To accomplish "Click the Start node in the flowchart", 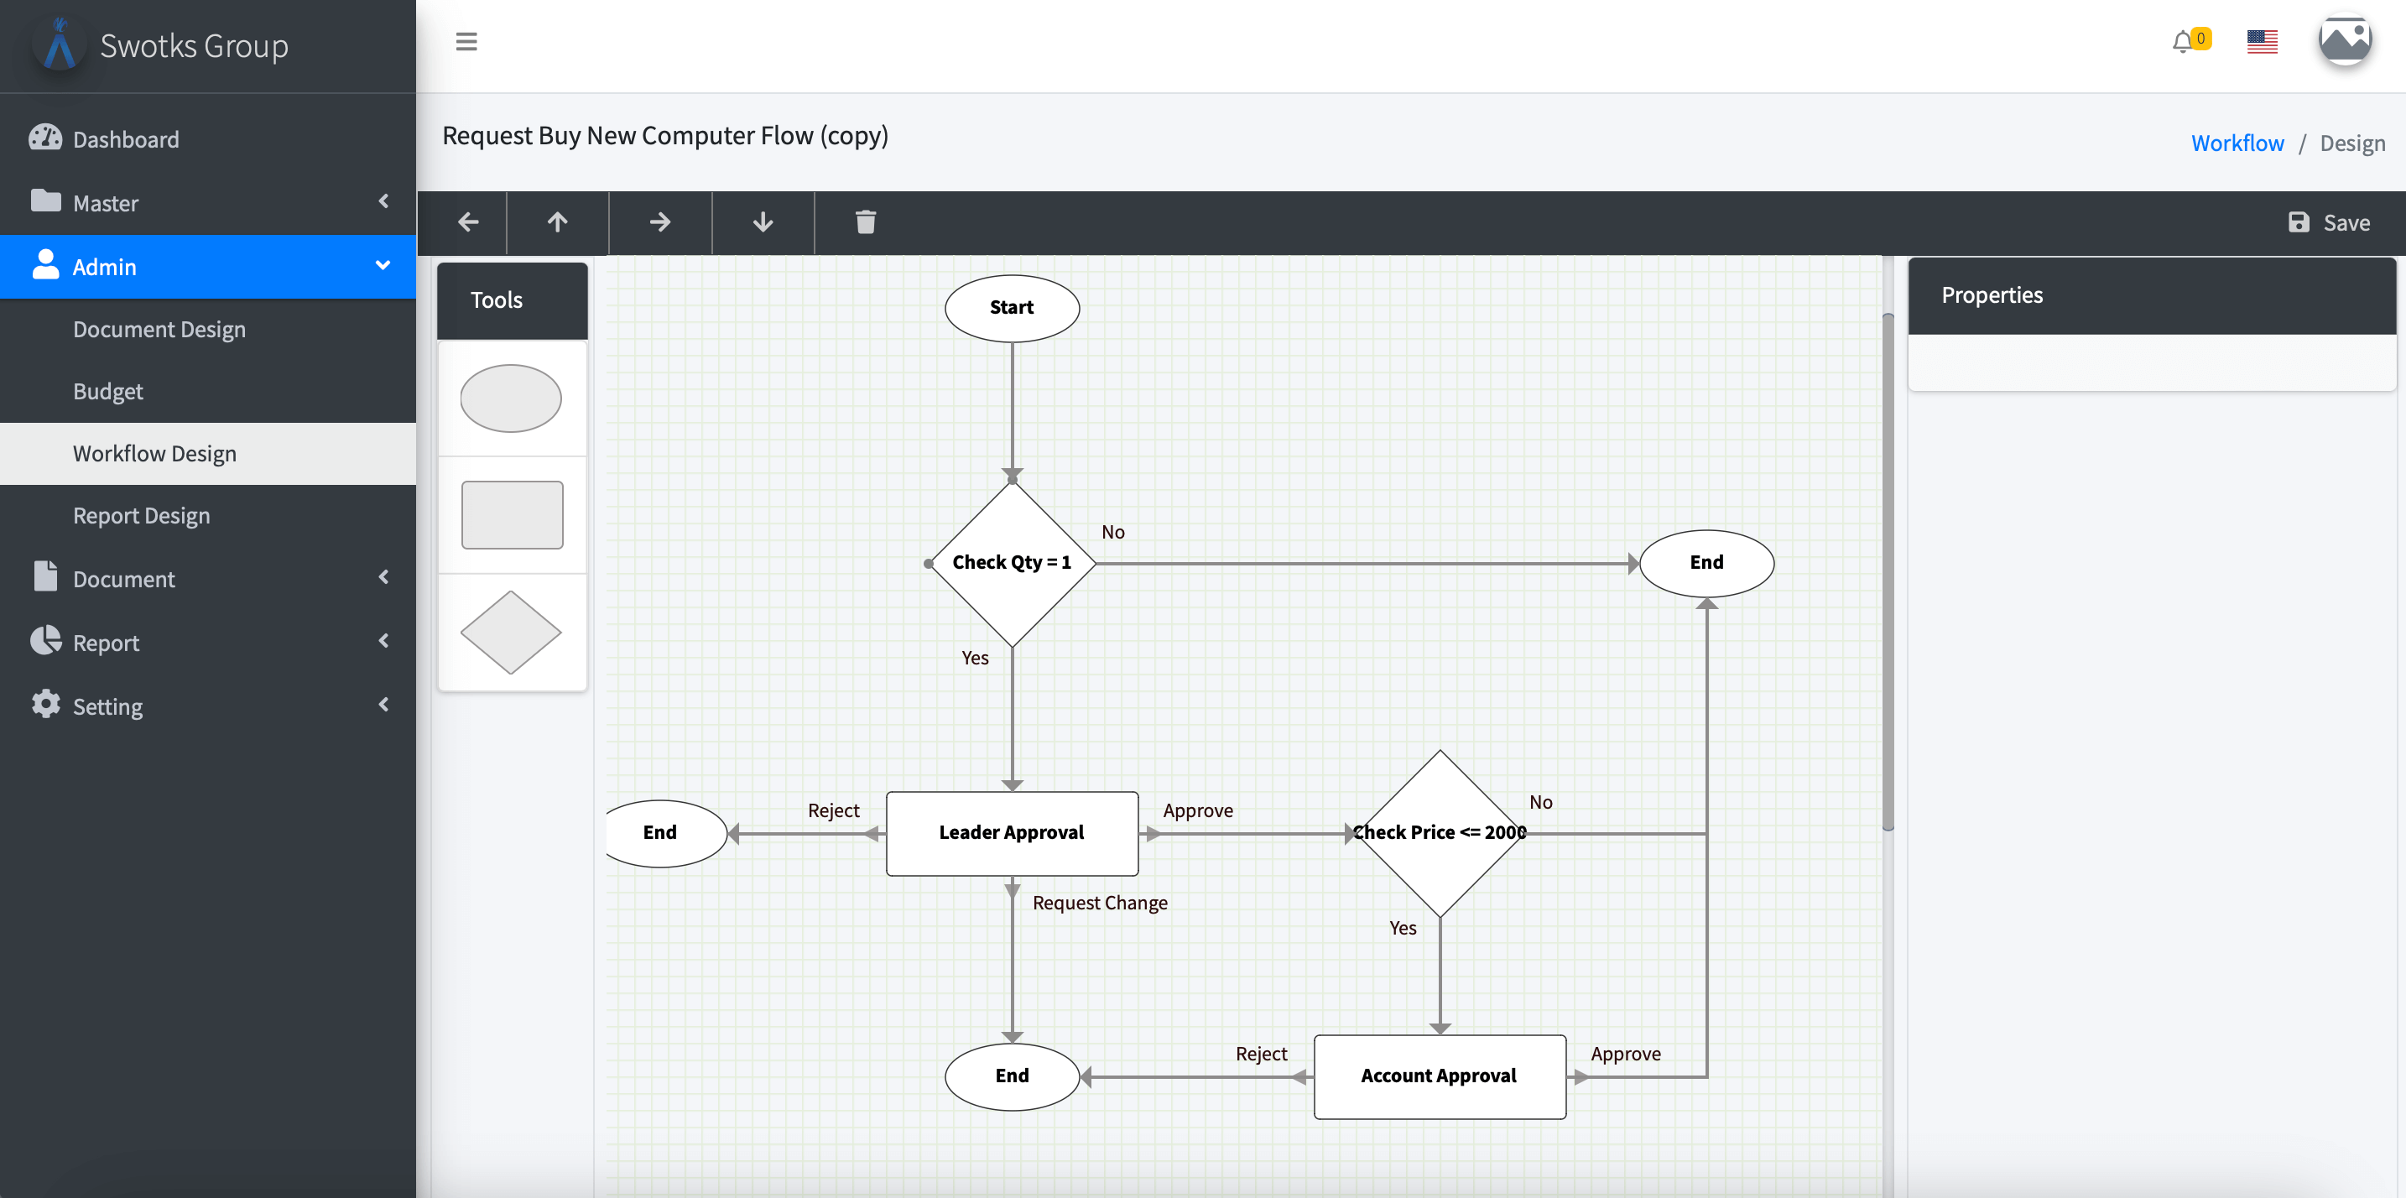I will pos(1012,308).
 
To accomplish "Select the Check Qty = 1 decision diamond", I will pos(1012,562).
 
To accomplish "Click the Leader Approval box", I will pos(1012,833).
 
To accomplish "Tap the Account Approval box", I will pos(1439,1076).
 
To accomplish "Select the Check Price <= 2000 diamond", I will pos(1440,833).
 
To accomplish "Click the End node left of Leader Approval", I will pos(660,833).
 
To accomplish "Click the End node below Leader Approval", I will pos(1012,1076).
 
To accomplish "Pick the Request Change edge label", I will pos(1099,903).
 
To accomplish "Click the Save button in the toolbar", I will pos(2330,222).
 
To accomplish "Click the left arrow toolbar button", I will pos(468,222).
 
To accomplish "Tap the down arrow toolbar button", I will pos(762,222).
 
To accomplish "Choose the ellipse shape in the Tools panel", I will pos(511,398).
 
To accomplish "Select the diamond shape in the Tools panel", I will pos(511,633).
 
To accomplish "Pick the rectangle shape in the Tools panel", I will pos(512,514).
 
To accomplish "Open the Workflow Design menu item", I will pos(155,454).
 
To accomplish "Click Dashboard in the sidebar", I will pos(126,139).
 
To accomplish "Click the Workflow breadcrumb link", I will pos(2237,143).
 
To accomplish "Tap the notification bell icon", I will pos(2181,42).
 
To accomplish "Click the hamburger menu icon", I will pos(466,42).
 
